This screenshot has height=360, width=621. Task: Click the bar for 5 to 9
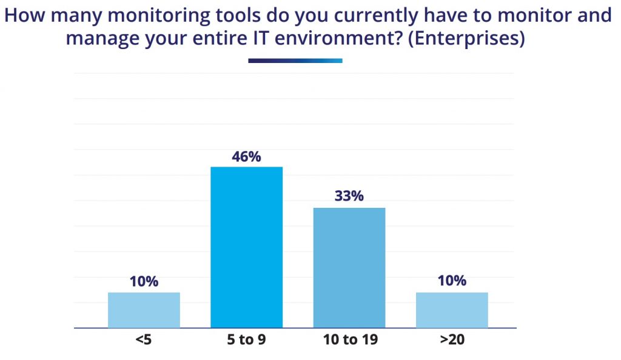point(246,247)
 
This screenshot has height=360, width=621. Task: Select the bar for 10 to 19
point(349,268)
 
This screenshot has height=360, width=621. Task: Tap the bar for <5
point(144,310)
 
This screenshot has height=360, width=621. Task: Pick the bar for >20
point(452,310)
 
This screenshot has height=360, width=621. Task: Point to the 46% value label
point(246,156)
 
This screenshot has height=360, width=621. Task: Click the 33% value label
point(349,197)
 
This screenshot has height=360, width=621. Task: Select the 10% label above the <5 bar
point(144,281)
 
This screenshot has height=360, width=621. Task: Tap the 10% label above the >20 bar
point(452,281)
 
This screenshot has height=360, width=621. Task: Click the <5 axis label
point(144,339)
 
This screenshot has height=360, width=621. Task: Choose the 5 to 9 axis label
point(246,339)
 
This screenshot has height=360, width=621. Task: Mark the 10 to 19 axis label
point(349,339)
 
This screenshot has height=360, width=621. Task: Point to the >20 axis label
point(452,339)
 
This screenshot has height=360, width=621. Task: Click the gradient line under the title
point(295,61)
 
